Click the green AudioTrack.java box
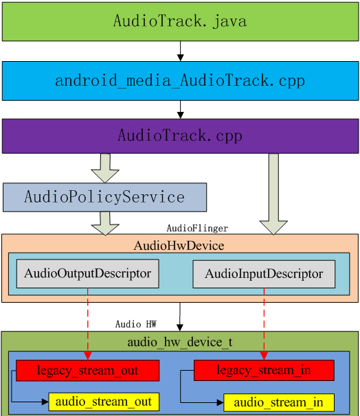tap(180, 21)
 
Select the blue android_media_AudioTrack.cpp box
tap(180, 81)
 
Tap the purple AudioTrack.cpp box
tap(180, 135)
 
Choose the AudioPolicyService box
tap(104, 197)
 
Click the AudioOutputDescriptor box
tap(88, 273)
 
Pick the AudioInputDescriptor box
tap(264, 274)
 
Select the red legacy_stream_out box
tap(88, 371)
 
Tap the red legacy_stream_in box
tap(264, 371)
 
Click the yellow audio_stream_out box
tap(104, 402)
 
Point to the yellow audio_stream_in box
tap(279, 402)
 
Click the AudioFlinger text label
tap(197, 228)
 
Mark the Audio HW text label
tap(136, 324)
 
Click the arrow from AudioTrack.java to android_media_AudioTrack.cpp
tap(180, 51)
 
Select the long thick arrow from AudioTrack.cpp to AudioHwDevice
tap(273, 192)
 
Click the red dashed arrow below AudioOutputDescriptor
tap(88, 323)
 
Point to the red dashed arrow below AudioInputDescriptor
tap(264, 323)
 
